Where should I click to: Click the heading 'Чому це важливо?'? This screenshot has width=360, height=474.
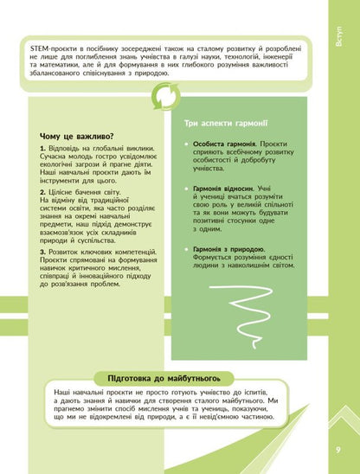point(77,136)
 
